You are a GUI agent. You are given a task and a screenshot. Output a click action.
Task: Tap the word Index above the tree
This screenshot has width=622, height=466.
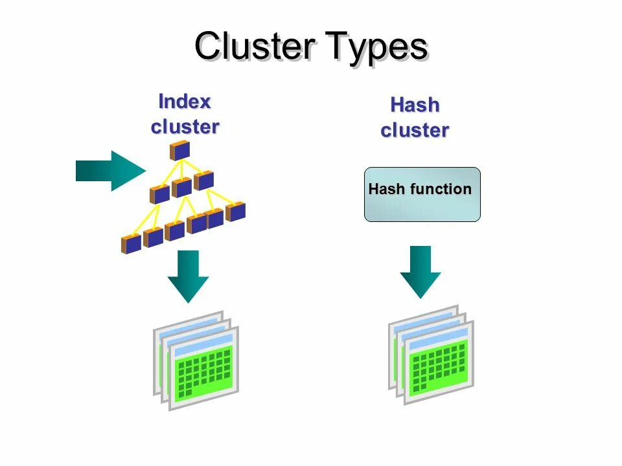click(x=185, y=102)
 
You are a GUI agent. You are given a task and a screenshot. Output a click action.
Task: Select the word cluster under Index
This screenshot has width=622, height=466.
click(x=185, y=126)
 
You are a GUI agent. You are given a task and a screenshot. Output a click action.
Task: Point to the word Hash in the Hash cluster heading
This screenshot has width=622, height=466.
click(x=415, y=105)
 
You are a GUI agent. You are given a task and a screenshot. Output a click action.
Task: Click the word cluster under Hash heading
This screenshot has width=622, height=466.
click(x=415, y=130)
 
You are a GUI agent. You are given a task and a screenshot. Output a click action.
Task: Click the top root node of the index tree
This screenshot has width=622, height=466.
click(x=179, y=151)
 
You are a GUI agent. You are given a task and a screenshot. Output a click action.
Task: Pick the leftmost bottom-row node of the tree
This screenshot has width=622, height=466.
click(x=131, y=244)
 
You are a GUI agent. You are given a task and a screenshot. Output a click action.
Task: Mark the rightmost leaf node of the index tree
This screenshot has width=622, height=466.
click(x=235, y=212)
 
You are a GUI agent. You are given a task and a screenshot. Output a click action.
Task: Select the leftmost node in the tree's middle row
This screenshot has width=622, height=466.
click(x=159, y=194)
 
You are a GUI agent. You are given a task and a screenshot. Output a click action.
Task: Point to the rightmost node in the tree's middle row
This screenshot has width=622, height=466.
click(x=203, y=180)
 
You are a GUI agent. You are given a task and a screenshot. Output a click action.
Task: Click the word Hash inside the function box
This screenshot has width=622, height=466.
click(x=387, y=190)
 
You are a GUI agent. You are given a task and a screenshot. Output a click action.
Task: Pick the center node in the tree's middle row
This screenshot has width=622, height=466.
click(x=181, y=187)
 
